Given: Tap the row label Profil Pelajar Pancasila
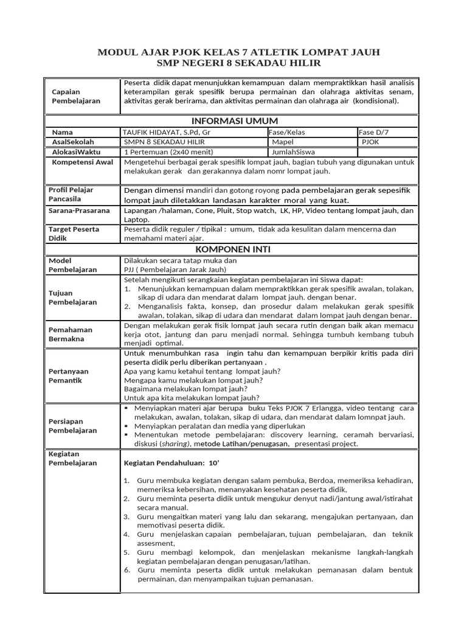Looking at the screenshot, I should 71,195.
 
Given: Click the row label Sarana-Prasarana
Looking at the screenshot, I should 79,211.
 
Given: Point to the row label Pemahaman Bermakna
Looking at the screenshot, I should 72,334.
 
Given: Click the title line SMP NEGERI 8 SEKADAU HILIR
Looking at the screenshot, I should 233,63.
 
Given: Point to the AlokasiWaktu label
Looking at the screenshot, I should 77,151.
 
